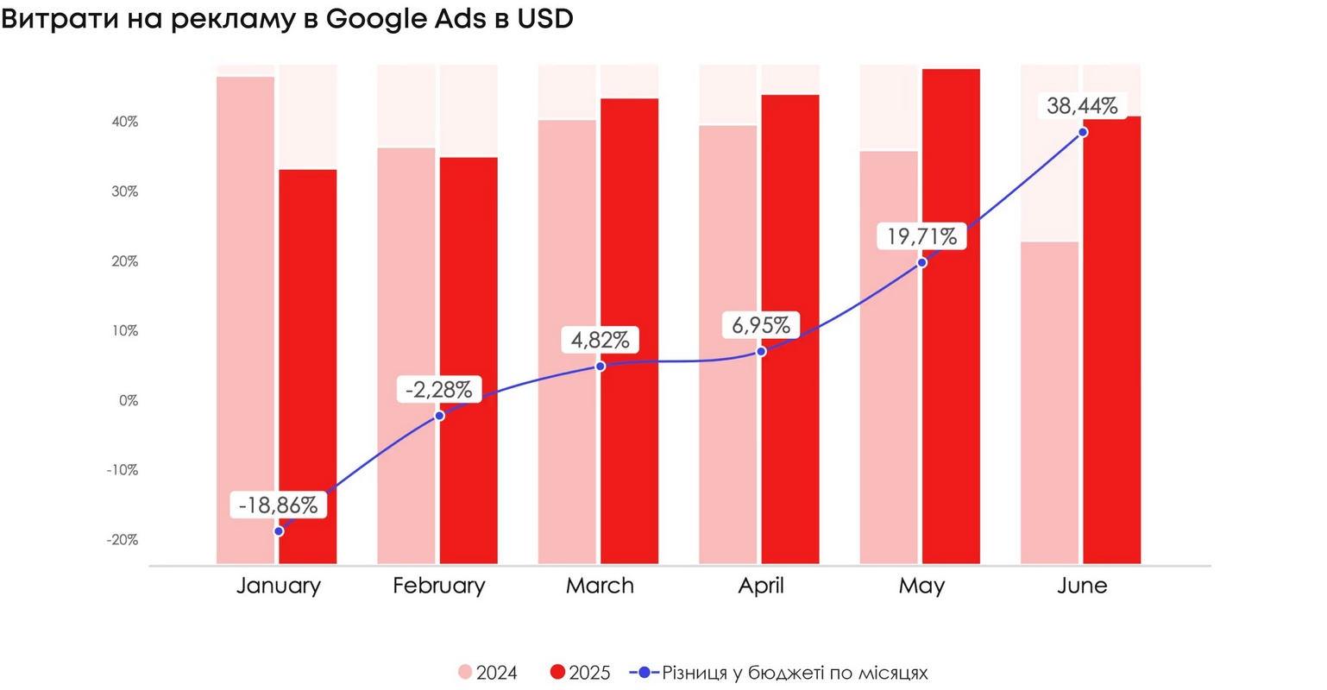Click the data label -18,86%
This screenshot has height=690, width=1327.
click(x=278, y=505)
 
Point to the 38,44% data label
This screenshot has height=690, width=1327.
click(x=1082, y=106)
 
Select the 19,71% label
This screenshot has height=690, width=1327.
click(x=921, y=236)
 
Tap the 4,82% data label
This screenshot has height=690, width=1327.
click(x=600, y=340)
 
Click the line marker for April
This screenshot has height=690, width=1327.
click(x=761, y=352)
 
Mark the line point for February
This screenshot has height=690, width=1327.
click(x=439, y=416)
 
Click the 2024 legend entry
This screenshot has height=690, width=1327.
click(x=487, y=673)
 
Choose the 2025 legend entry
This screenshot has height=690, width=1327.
click(x=580, y=673)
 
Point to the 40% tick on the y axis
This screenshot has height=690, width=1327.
click(x=124, y=122)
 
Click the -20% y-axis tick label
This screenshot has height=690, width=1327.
click(x=123, y=540)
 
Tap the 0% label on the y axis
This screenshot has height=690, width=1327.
click(x=128, y=401)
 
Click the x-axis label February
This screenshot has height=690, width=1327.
click(x=438, y=586)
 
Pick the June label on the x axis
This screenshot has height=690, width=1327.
click(x=1082, y=586)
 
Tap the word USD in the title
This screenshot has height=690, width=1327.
click(x=544, y=19)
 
